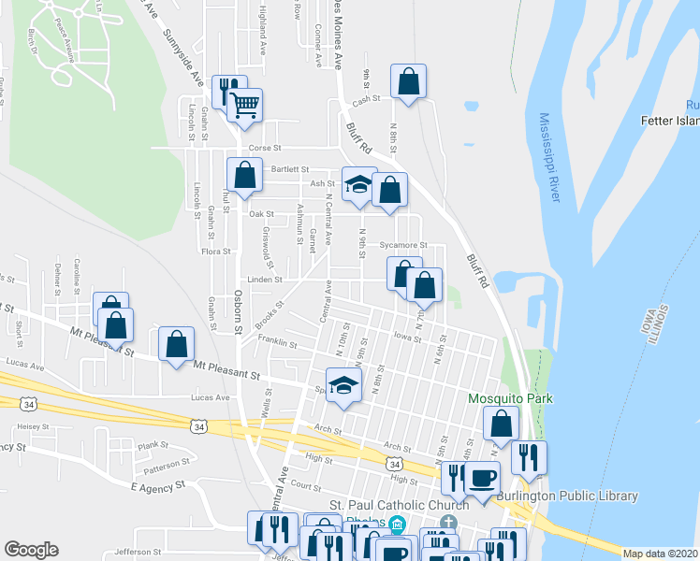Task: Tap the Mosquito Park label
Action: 510,399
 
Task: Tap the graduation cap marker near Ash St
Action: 357,183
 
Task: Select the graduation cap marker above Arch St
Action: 343,385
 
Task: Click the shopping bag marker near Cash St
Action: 409,81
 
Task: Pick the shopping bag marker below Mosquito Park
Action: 502,424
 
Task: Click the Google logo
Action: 31,550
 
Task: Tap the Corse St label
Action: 264,148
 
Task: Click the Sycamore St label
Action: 403,246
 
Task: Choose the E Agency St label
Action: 154,487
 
